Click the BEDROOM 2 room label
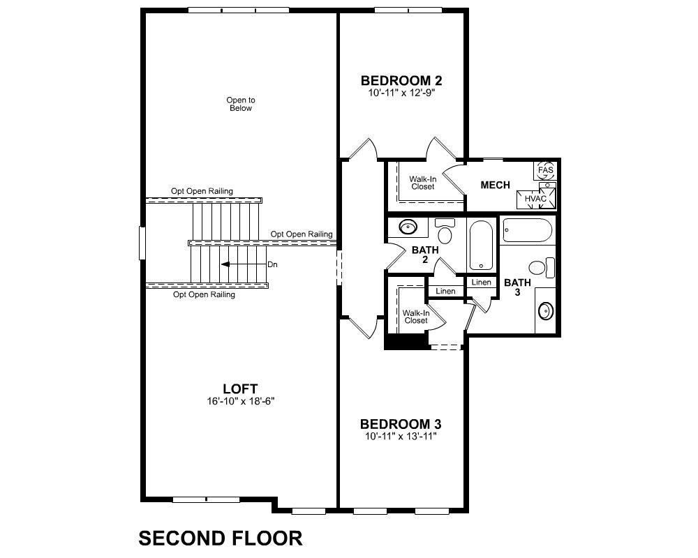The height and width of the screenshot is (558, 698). tap(401, 80)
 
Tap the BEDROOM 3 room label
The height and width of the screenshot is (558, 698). tap(400, 424)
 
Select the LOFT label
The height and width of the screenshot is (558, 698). tap(240, 389)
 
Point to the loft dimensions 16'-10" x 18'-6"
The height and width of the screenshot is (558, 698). tap(240, 401)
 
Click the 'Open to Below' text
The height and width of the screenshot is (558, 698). tap(240, 104)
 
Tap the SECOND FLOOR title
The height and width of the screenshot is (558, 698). tap(220, 538)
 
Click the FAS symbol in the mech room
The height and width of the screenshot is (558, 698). tap(545, 170)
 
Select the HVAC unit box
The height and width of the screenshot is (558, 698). tap(536, 199)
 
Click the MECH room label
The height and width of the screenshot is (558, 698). tap(495, 185)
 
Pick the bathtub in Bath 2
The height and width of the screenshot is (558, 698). tap(481, 245)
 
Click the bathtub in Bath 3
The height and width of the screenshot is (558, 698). tap(528, 229)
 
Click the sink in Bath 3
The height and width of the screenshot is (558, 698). tap(545, 309)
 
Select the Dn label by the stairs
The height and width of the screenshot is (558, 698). tap(273, 264)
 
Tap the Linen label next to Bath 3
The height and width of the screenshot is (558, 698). tap(481, 282)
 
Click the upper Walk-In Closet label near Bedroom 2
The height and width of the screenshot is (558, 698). tap(422, 183)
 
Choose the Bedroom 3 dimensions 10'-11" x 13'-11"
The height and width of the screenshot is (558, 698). tap(400, 437)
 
